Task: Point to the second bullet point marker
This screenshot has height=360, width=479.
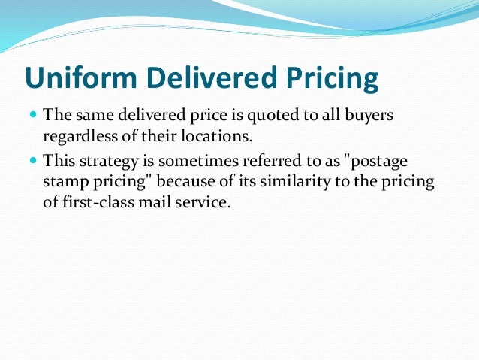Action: pyautogui.click(x=32, y=161)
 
